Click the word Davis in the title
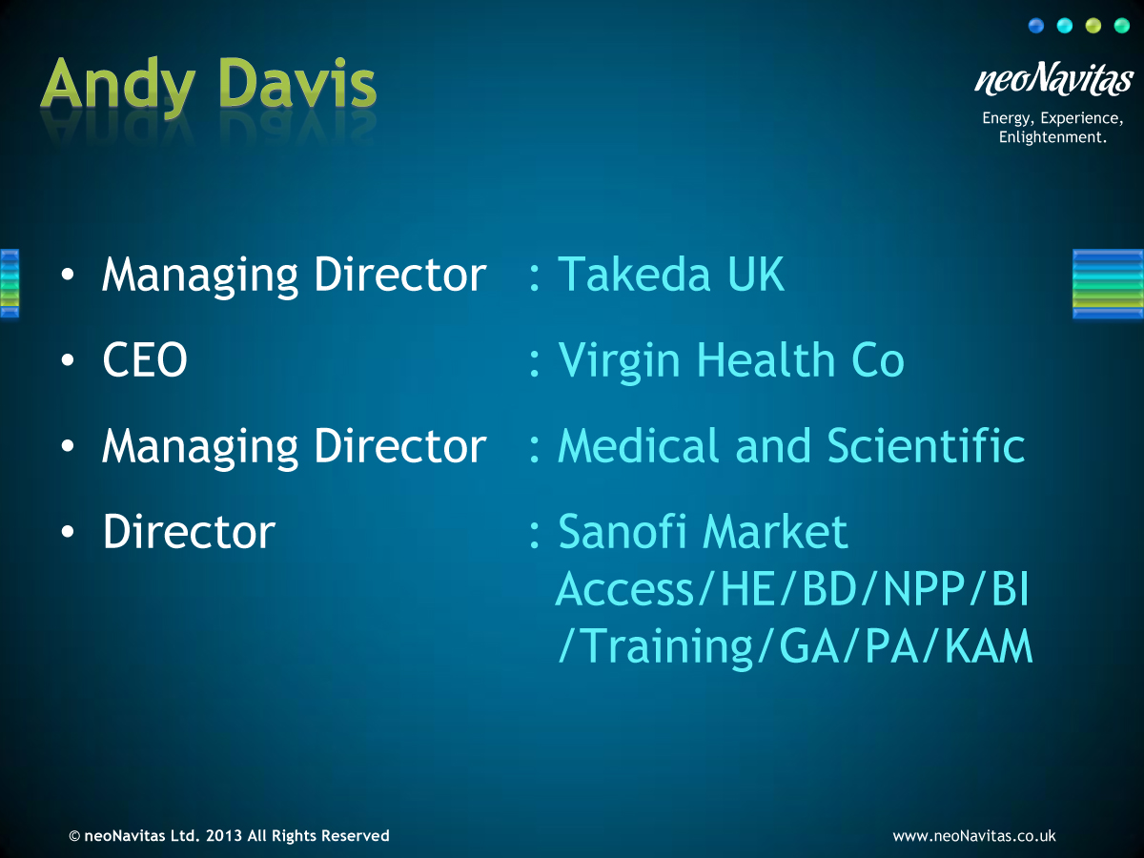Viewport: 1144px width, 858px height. pos(297,83)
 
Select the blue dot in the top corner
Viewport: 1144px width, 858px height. pos(1035,26)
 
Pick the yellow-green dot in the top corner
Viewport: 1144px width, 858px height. pos(1093,26)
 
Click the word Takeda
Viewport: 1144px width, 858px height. pos(634,275)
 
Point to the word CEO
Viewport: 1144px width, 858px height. pos(145,359)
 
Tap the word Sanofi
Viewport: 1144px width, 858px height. pos(623,531)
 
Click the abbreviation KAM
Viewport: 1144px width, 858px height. pos(989,646)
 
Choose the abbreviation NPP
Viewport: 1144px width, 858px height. pos(923,588)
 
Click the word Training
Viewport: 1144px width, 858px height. pos(666,649)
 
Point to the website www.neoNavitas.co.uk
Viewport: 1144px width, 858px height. pos(973,836)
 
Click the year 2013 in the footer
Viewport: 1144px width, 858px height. pos(224,836)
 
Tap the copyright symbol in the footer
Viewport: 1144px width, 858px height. pos(74,836)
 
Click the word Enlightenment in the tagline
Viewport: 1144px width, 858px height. pos(1052,137)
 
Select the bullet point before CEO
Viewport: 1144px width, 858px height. pos(68,360)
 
